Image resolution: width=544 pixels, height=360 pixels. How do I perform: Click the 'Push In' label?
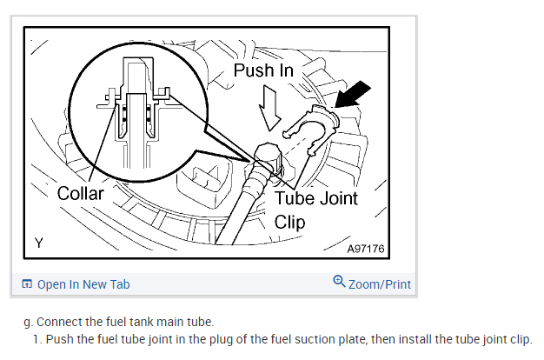tap(262, 70)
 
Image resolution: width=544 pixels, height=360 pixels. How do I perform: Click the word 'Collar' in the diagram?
tap(80, 193)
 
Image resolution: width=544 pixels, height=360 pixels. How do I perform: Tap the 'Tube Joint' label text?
tap(315, 198)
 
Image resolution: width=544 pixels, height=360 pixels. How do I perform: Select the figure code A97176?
tap(364, 249)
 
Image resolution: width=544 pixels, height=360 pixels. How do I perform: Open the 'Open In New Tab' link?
tap(83, 284)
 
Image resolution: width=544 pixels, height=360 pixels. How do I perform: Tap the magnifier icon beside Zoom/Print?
tap(338, 282)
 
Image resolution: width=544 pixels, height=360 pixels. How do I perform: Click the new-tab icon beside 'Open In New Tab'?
tap(28, 284)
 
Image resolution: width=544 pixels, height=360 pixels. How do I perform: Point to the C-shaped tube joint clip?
tap(308, 126)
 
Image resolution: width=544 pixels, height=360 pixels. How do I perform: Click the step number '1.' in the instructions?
tap(38, 339)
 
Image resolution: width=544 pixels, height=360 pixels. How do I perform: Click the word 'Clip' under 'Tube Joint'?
tap(289, 222)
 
